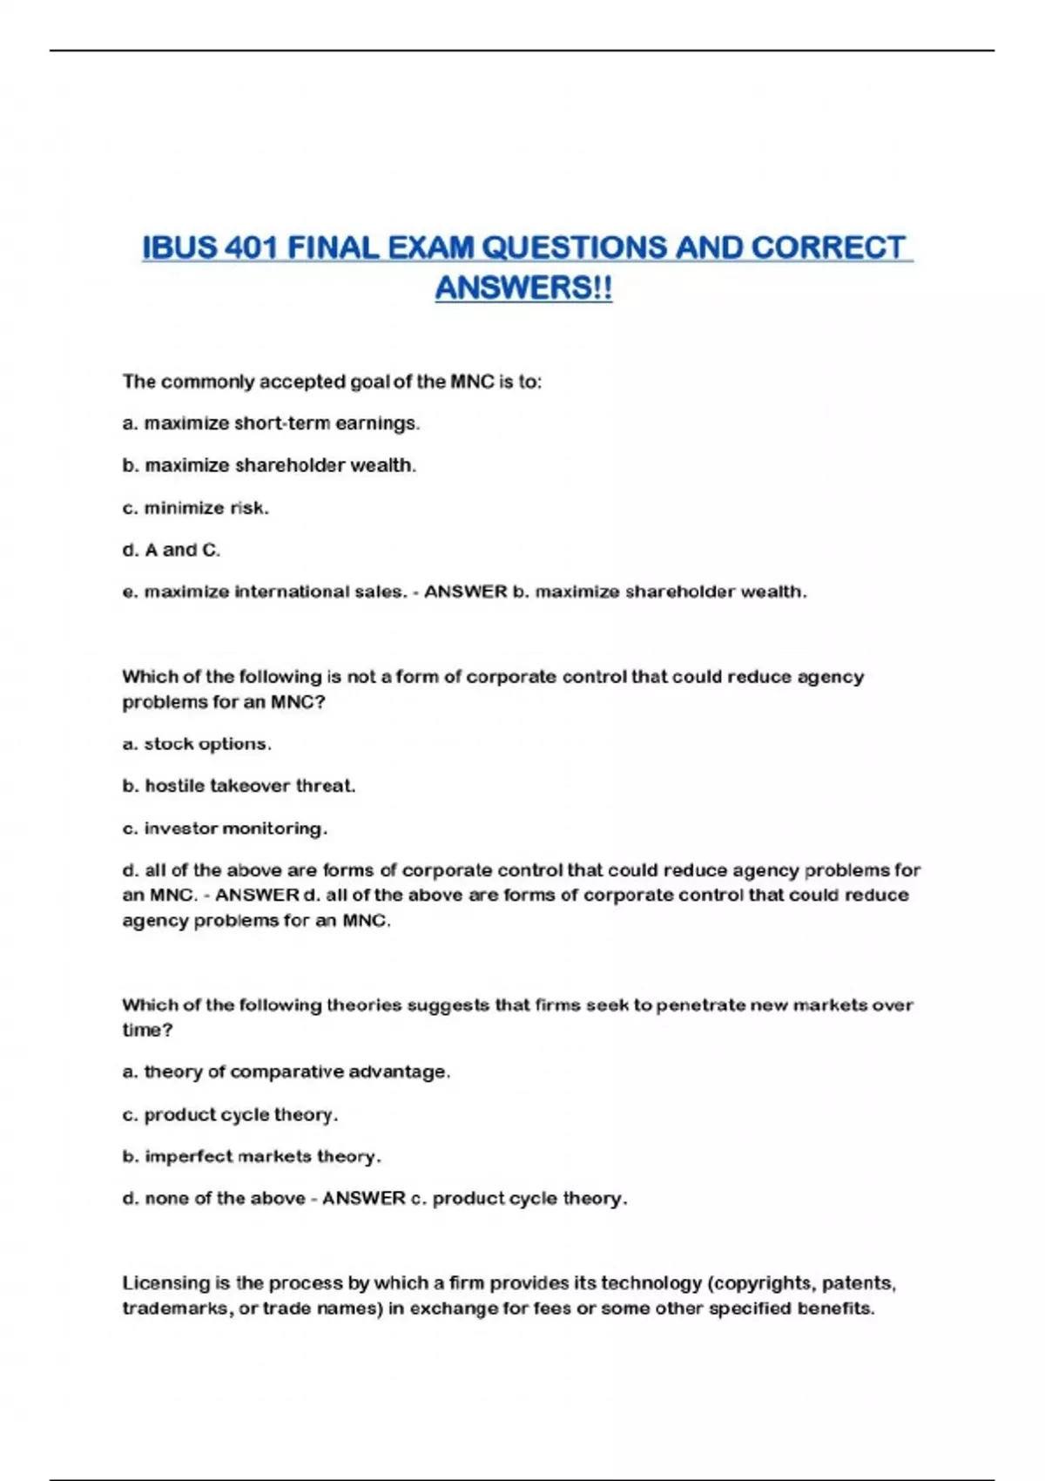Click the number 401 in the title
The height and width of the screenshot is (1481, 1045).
[251, 248]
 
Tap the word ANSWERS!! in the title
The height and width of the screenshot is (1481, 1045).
[523, 288]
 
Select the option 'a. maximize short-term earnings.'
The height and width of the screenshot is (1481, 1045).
[271, 423]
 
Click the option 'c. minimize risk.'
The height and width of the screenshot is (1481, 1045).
[196, 508]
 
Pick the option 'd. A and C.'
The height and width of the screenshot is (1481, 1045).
[172, 550]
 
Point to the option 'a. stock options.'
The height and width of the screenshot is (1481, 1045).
[197, 744]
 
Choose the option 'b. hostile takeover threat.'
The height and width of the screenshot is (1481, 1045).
[239, 786]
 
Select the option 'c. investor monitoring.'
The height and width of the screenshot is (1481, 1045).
[225, 828]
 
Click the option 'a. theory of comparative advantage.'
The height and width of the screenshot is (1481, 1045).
[287, 1072]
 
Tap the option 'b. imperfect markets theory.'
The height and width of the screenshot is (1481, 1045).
[252, 1156]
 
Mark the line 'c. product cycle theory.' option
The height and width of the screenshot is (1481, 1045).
[230, 1114]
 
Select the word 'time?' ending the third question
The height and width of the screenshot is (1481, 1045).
[147, 1030]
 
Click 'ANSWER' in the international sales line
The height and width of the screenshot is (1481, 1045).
[466, 592]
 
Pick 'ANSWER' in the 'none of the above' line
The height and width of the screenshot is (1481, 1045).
[364, 1199]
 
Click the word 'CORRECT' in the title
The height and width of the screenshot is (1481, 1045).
[828, 248]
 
